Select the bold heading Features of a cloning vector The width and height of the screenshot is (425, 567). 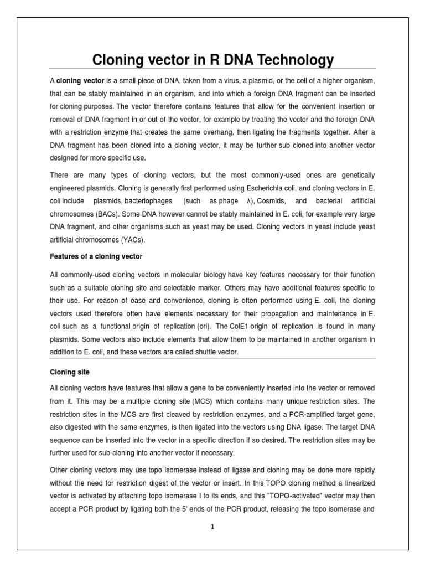point(96,256)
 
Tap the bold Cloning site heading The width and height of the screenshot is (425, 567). point(70,372)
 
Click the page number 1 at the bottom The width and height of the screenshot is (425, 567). point(212,527)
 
